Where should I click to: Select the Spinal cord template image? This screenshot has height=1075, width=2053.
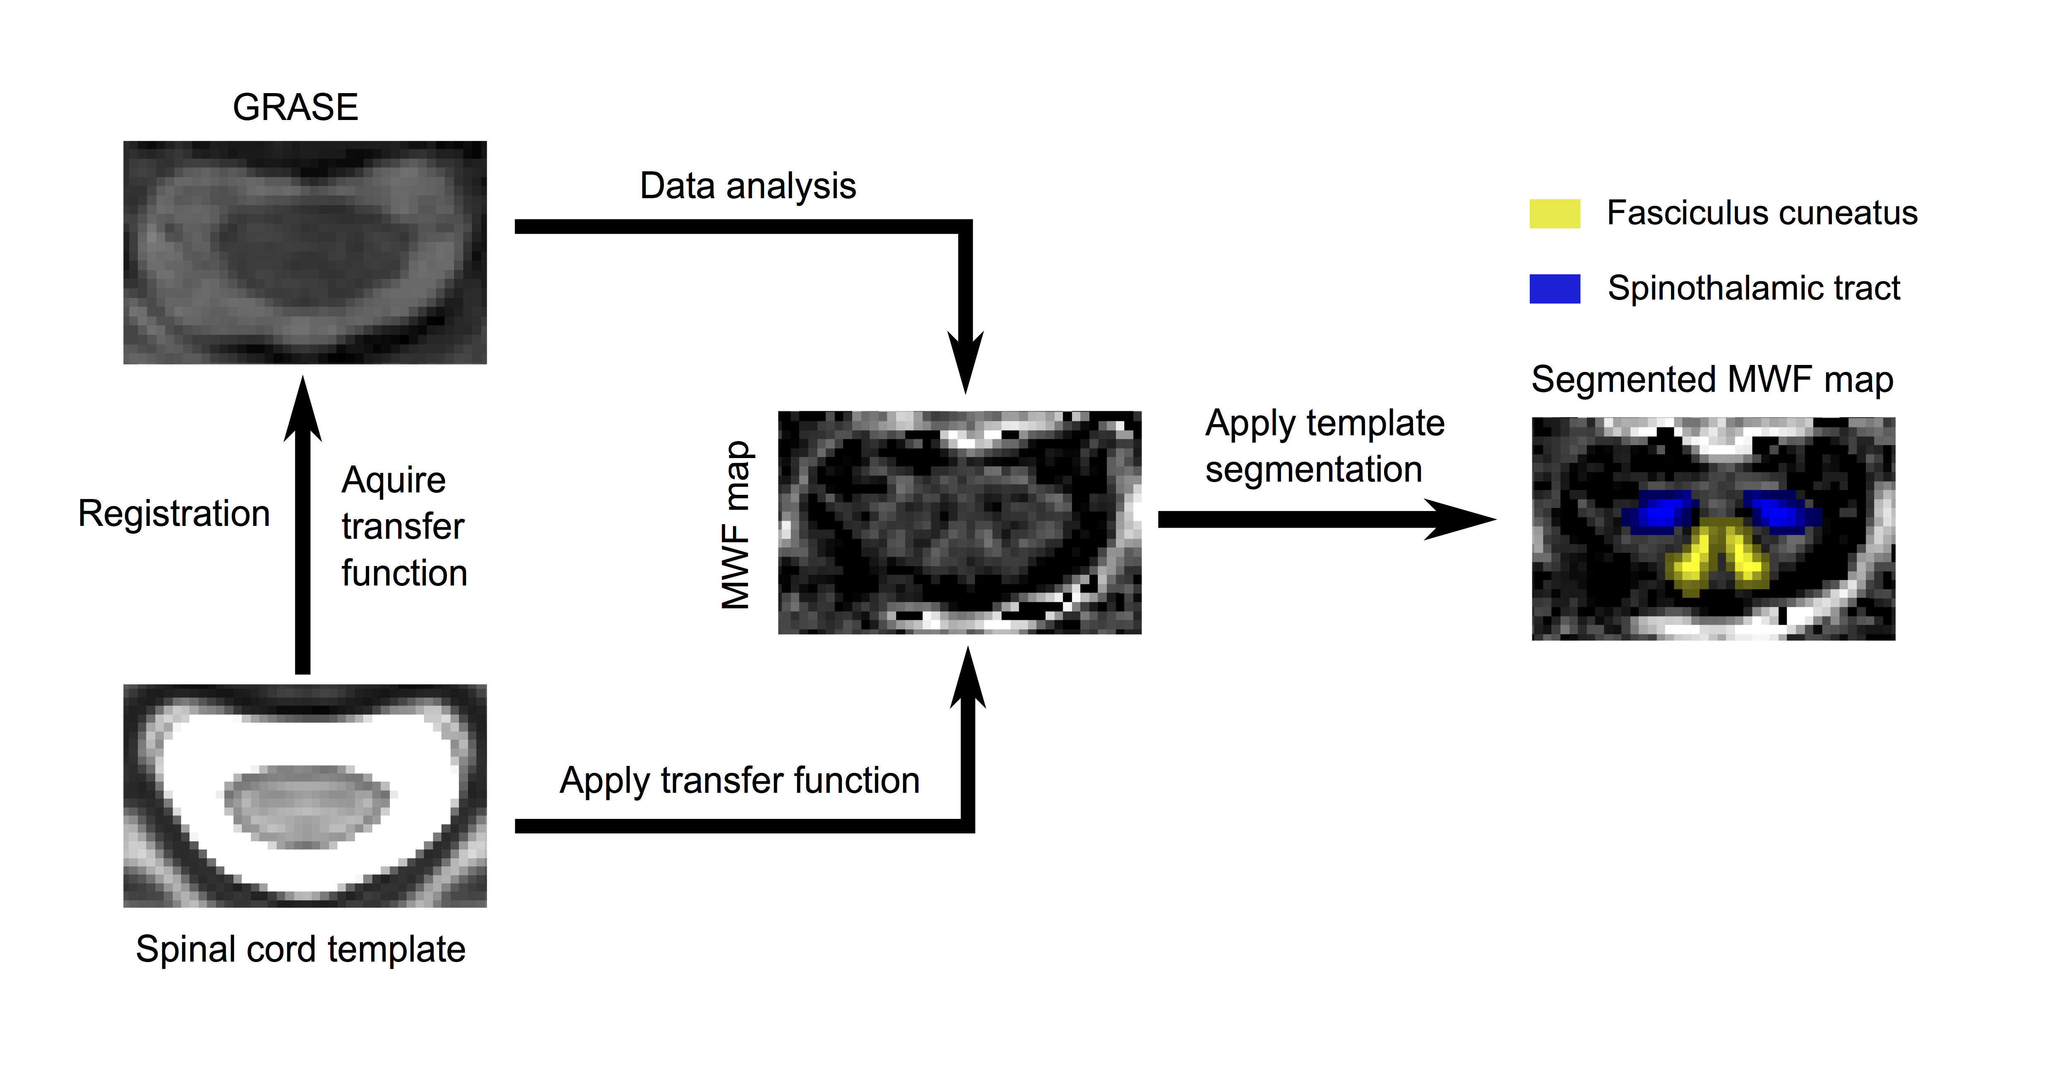pyautogui.click(x=305, y=795)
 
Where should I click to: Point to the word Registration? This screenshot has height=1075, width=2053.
pyautogui.click(x=174, y=513)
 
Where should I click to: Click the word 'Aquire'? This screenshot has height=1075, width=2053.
pyautogui.click(x=394, y=480)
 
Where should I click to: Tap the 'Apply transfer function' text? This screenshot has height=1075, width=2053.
pyautogui.click(x=740, y=780)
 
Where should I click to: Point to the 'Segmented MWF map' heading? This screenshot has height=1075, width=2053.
pyautogui.click(x=1712, y=379)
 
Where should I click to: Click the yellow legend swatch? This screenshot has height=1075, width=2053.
pyautogui.click(x=1554, y=214)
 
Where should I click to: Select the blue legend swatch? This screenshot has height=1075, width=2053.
pyautogui.click(x=1554, y=288)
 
